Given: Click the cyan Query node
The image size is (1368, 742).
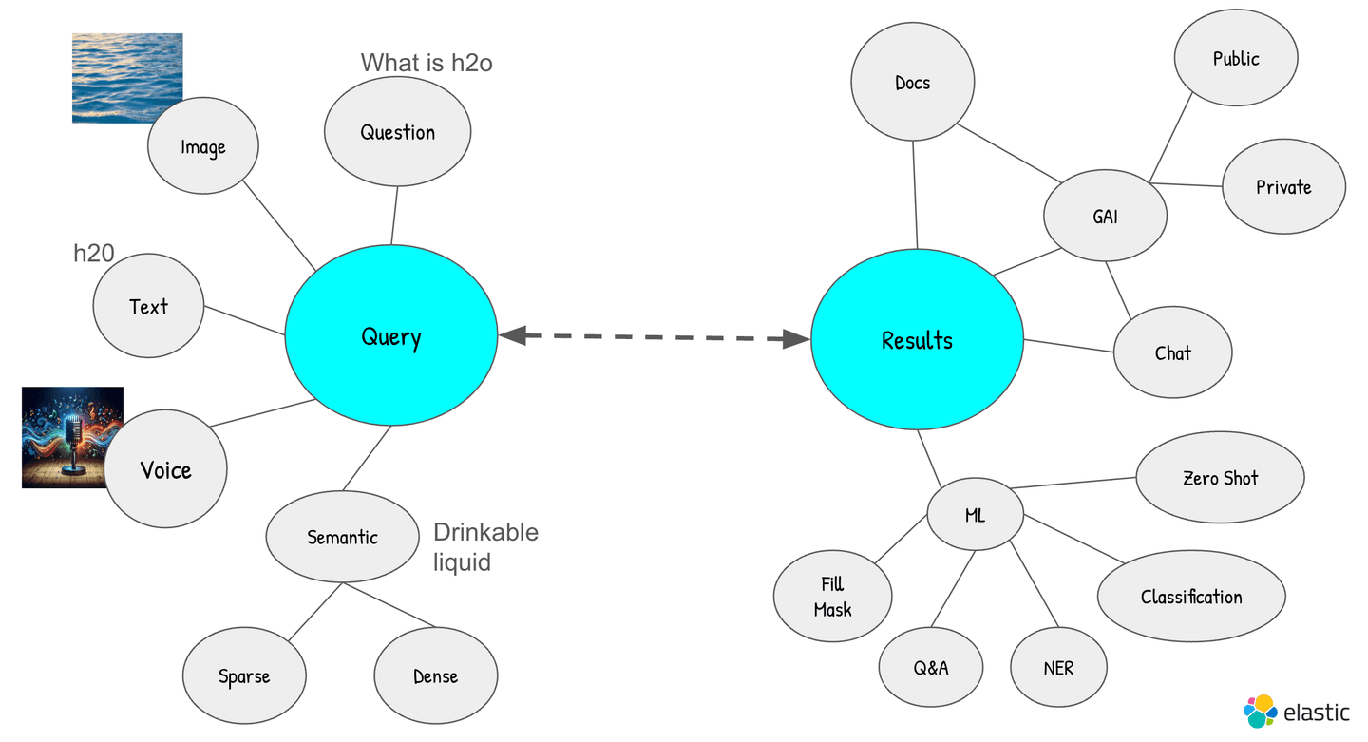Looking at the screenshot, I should tap(390, 336).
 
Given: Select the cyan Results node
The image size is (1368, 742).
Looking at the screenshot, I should tap(917, 340).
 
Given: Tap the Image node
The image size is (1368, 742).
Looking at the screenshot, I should tap(203, 147).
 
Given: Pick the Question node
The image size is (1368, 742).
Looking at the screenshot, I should tap(397, 132).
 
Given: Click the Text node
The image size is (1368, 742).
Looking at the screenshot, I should tap(148, 306).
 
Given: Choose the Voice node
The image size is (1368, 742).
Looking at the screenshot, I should tap(165, 469).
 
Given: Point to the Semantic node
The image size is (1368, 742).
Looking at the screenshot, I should tap(342, 537).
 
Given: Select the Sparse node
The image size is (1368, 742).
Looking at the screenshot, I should tap(244, 676).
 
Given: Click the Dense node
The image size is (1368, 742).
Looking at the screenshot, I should tap(435, 676).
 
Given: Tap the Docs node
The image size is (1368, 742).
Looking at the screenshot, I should tap(912, 83).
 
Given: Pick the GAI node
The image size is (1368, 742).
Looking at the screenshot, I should tap(1105, 216).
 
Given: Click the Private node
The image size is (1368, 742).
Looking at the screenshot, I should tap(1283, 187).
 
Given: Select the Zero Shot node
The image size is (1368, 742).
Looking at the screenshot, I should tap(1220, 478).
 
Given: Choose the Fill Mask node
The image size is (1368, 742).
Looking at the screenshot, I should tap(832, 597).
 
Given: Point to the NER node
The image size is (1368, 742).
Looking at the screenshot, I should tap(1058, 668).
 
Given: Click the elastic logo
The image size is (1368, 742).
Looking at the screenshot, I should tap(1296, 712).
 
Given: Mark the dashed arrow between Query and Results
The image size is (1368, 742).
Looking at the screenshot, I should tap(654, 336).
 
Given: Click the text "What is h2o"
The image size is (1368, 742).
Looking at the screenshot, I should tap(427, 64).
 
